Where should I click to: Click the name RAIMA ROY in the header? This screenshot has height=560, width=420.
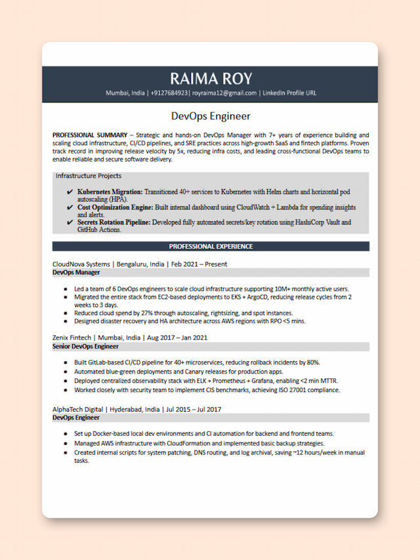(210, 78)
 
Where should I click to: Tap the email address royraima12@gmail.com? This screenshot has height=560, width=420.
(224, 93)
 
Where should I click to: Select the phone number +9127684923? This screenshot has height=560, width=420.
(169, 93)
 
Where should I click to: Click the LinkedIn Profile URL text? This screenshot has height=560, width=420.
(289, 93)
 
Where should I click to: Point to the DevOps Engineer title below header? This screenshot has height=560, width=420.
(210, 116)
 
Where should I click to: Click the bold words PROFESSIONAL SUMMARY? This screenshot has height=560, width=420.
(90, 135)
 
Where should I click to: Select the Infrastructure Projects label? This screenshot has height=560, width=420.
(89, 176)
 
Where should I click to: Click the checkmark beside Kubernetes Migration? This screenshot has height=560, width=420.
(70, 192)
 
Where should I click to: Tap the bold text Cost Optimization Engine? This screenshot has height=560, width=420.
(115, 207)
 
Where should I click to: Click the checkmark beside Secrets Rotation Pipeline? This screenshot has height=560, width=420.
(70, 223)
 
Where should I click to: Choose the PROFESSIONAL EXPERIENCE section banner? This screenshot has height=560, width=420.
(210, 246)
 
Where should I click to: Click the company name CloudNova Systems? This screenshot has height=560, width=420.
(81, 264)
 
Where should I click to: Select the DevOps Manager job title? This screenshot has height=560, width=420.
(76, 272)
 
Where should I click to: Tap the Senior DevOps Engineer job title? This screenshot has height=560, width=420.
(85, 346)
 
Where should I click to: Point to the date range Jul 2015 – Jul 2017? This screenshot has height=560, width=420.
(194, 409)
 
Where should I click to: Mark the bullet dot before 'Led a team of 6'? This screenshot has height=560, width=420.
(66, 289)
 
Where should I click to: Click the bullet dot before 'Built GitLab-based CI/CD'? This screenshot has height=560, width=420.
(66, 362)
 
